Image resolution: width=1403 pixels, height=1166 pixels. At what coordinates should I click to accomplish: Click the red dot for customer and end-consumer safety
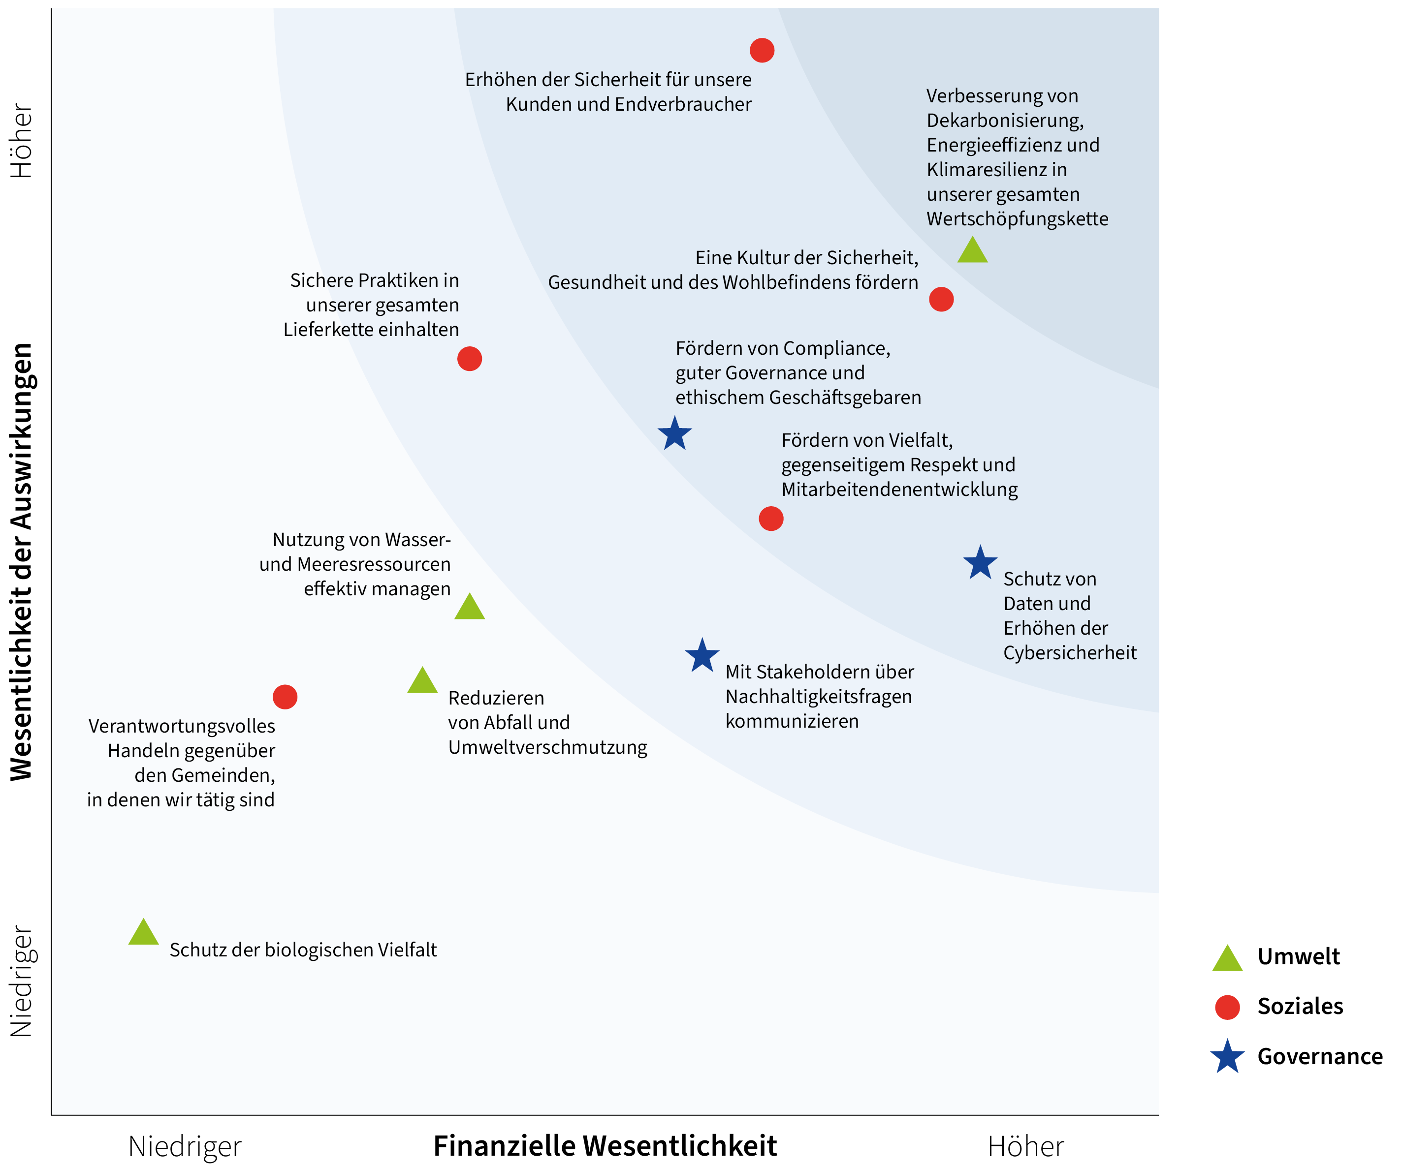point(762,50)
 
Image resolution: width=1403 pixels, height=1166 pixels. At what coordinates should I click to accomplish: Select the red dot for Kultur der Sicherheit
point(941,299)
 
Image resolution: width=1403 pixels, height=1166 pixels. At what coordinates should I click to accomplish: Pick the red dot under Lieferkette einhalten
point(470,359)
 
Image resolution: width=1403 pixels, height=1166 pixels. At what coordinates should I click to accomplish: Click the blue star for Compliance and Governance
point(675,434)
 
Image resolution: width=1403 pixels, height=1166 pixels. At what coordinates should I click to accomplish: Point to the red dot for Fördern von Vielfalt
point(771,518)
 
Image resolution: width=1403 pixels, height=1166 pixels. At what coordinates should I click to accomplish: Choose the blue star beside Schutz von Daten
point(980,563)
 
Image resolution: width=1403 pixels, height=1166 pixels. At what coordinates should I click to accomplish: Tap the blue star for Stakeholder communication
point(702,656)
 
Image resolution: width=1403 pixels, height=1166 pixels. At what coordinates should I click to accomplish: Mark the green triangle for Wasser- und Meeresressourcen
point(470,608)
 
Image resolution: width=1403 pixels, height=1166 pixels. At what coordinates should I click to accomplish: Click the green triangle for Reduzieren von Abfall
point(422,682)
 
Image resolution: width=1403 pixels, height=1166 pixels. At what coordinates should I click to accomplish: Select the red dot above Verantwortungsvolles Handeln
point(286,697)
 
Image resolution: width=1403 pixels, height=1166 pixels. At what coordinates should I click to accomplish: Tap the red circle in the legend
point(1227,1007)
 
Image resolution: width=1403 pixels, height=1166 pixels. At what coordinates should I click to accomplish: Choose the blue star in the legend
point(1227,1057)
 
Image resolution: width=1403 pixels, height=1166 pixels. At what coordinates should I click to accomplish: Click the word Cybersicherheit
point(1070,652)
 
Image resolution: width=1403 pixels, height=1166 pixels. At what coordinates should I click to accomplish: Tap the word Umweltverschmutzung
point(548,747)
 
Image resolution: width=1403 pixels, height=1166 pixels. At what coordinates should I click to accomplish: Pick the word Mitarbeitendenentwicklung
point(899,490)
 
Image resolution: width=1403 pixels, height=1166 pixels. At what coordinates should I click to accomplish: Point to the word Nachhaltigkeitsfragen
point(818,697)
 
